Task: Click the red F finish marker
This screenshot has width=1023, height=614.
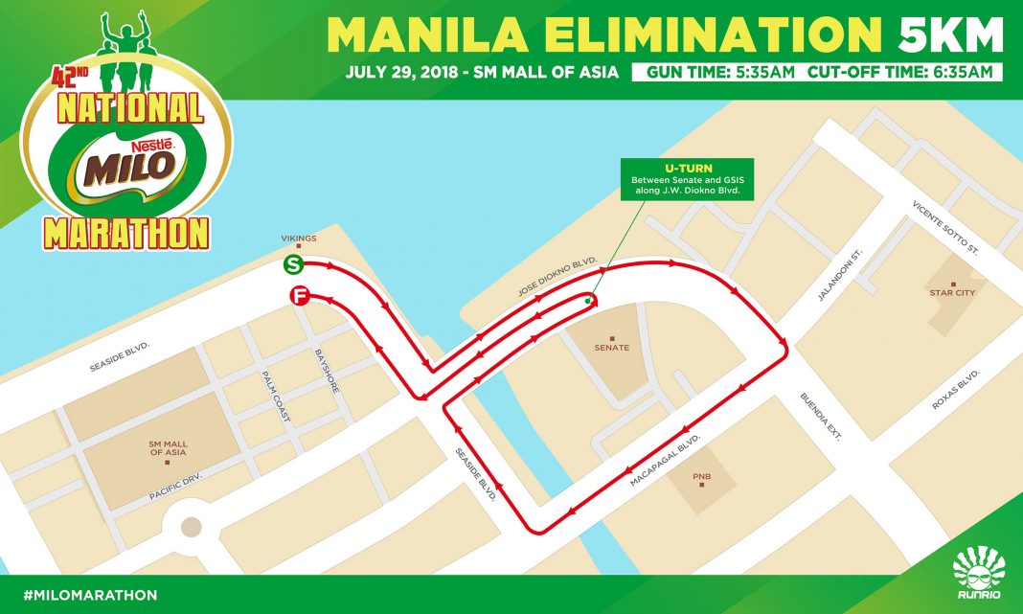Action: pos(301,298)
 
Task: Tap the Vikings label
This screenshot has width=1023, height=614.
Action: pos(298,238)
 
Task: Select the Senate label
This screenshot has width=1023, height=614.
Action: pos(611,347)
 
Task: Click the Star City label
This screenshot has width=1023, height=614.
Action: pos(950,292)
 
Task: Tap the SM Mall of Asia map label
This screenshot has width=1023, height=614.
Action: pos(168,448)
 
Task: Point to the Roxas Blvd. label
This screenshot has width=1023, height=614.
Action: pos(957,389)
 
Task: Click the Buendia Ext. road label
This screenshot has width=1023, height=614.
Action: pos(821,416)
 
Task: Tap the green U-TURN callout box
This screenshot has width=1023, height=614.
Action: pos(686,179)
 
